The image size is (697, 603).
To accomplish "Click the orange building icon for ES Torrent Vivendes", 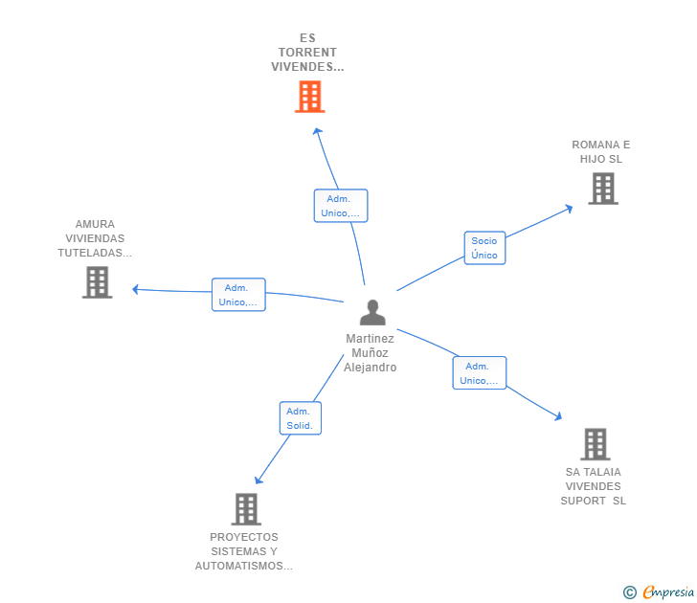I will [x=309, y=97].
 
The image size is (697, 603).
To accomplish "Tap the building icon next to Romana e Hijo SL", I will [x=602, y=189].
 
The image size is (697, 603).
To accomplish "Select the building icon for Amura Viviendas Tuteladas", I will [x=97, y=282].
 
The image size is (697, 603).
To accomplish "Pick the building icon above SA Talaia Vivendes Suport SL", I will [x=595, y=444].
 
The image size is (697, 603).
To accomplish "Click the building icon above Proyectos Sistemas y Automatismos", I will [x=246, y=509].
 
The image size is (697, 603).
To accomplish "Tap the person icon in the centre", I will [x=371, y=313].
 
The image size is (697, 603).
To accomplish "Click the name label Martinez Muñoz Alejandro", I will [x=371, y=353].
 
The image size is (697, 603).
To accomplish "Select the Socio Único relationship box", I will [x=484, y=248].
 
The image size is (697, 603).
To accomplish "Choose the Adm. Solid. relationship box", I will [x=300, y=418].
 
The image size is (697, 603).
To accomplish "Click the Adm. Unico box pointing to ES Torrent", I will [x=340, y=206].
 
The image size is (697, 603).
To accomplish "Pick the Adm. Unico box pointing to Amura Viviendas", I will [x=237, y=295].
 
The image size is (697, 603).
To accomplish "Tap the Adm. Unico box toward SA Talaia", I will [x=479, y=373].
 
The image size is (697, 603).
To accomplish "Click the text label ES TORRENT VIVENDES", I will [x=306, y=53].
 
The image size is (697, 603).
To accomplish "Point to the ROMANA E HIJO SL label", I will [x=601, y=152].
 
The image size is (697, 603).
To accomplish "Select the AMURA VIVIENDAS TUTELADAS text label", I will [x=95, y=238].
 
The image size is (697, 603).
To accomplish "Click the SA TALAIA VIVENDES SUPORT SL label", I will [x=594, y=486].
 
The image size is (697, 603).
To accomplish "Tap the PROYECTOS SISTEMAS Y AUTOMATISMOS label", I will [x=244, y=551].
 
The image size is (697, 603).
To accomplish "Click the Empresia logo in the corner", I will [x=658, y=592].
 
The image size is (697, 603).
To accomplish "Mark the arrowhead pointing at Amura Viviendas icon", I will [x=135, y=289].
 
